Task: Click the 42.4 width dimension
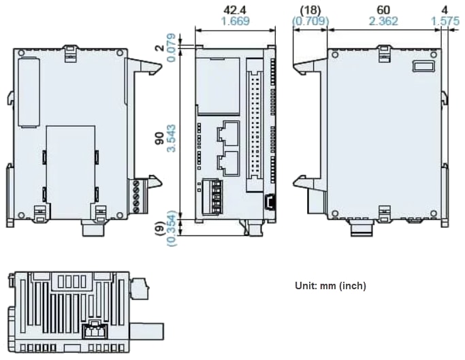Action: click(x=236, y=10)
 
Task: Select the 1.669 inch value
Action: click(x=236, y=21)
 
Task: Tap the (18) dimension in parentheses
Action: click(x=310, y=10)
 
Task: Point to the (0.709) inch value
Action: click(x=310, y=21)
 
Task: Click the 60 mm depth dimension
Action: click(x=383, y=10)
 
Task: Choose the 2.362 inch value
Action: click(x=383, y=21)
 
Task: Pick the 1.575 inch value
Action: click(x=445, y=21)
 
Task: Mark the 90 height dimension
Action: click(x=159, y=138)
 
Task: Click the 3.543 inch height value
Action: click(x=172, y=138)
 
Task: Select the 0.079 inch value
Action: click(x=172, y=49)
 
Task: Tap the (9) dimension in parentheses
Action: click(x=159, y=229)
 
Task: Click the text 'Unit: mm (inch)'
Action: click(x=330, y=286)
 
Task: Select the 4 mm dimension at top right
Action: click(x=445, y=10)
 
